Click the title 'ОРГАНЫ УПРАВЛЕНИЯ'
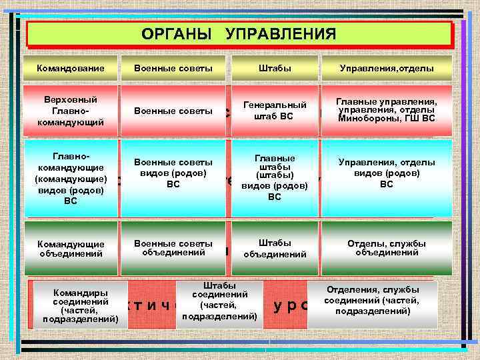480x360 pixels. (239, 34)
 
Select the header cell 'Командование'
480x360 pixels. (71, 68)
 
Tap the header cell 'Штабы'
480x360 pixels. (275, 68)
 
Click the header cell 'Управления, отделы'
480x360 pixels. (387, 68)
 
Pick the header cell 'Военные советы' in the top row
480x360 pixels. (173, 68)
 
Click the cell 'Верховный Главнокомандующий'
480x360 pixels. (71, 110)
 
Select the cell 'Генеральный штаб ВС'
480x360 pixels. (275, 110)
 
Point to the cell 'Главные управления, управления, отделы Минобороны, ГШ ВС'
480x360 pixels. (387, 110)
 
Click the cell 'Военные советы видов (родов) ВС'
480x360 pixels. (173, 173)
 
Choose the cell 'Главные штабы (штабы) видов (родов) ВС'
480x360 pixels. (275, 177)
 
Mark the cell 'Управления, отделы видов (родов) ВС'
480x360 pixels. (387, 173)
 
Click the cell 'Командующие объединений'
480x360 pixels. (71, 248)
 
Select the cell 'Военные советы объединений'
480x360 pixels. (173, 248)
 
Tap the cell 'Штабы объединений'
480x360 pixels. (275, 248)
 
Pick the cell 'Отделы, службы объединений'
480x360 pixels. (387, 248)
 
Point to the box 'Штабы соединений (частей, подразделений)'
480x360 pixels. (219, 300)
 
